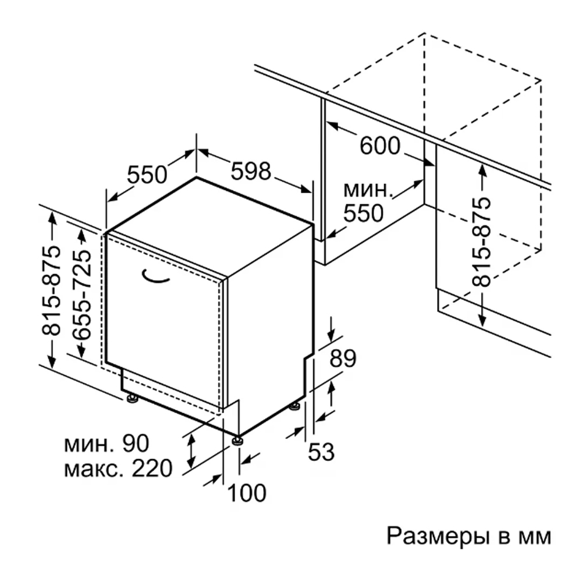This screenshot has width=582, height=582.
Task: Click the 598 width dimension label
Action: (251, 171)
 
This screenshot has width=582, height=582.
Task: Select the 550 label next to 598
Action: (147, 174)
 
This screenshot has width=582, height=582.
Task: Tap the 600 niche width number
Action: (380, 145)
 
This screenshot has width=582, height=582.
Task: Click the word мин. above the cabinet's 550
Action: (368, 190)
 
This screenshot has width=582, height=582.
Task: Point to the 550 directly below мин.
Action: (363, 213)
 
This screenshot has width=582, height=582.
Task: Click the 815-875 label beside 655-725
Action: (51, 290)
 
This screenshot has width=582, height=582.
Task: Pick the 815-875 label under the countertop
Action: (481, 242)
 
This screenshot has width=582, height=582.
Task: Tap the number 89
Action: (343, 358)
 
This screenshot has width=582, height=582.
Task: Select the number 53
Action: (321, 452)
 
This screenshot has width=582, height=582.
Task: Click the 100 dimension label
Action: (246, 492)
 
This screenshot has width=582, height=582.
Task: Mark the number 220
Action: (152, 468)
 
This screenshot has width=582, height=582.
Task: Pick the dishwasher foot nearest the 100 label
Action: (237, 440)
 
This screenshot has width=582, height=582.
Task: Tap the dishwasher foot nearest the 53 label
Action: (295, 406)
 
